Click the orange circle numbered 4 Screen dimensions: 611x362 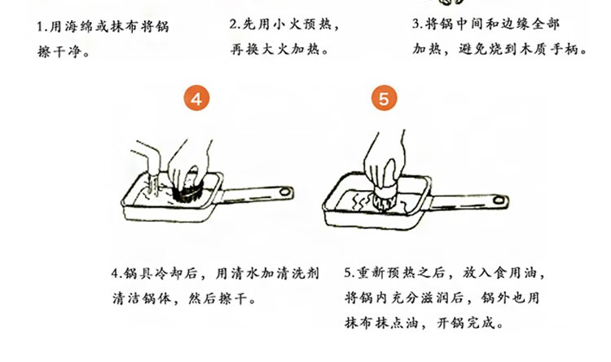tap(196, 99)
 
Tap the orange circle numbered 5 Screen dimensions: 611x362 tap(384, 98)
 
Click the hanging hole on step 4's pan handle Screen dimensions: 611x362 tap(285, 192)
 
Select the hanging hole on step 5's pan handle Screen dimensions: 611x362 tap(499, 201)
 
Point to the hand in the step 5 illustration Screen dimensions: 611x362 tap(384, 160)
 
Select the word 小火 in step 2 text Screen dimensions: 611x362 tap(288, 24)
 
